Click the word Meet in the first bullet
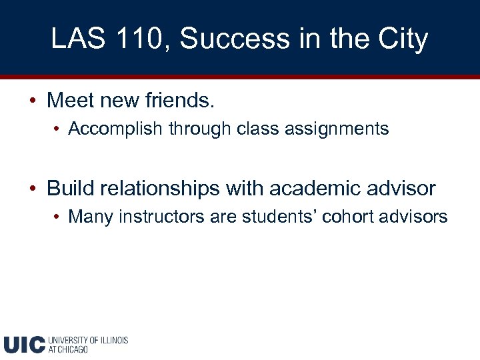(x=67, y=101)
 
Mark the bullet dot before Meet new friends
(x=33, y=101)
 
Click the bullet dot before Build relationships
(x=33, y=189)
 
